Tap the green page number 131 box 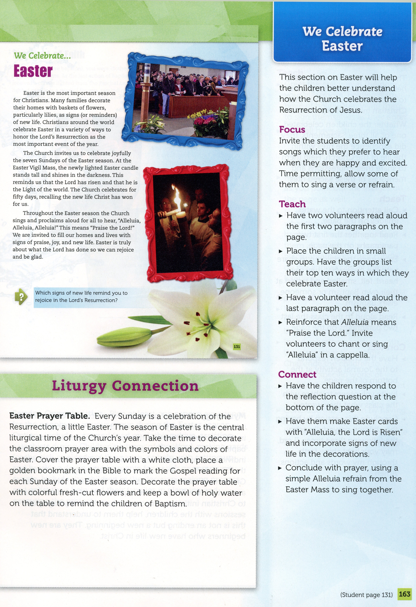point(237,347)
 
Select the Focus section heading point(292,130)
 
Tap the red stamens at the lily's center point(199,326)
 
